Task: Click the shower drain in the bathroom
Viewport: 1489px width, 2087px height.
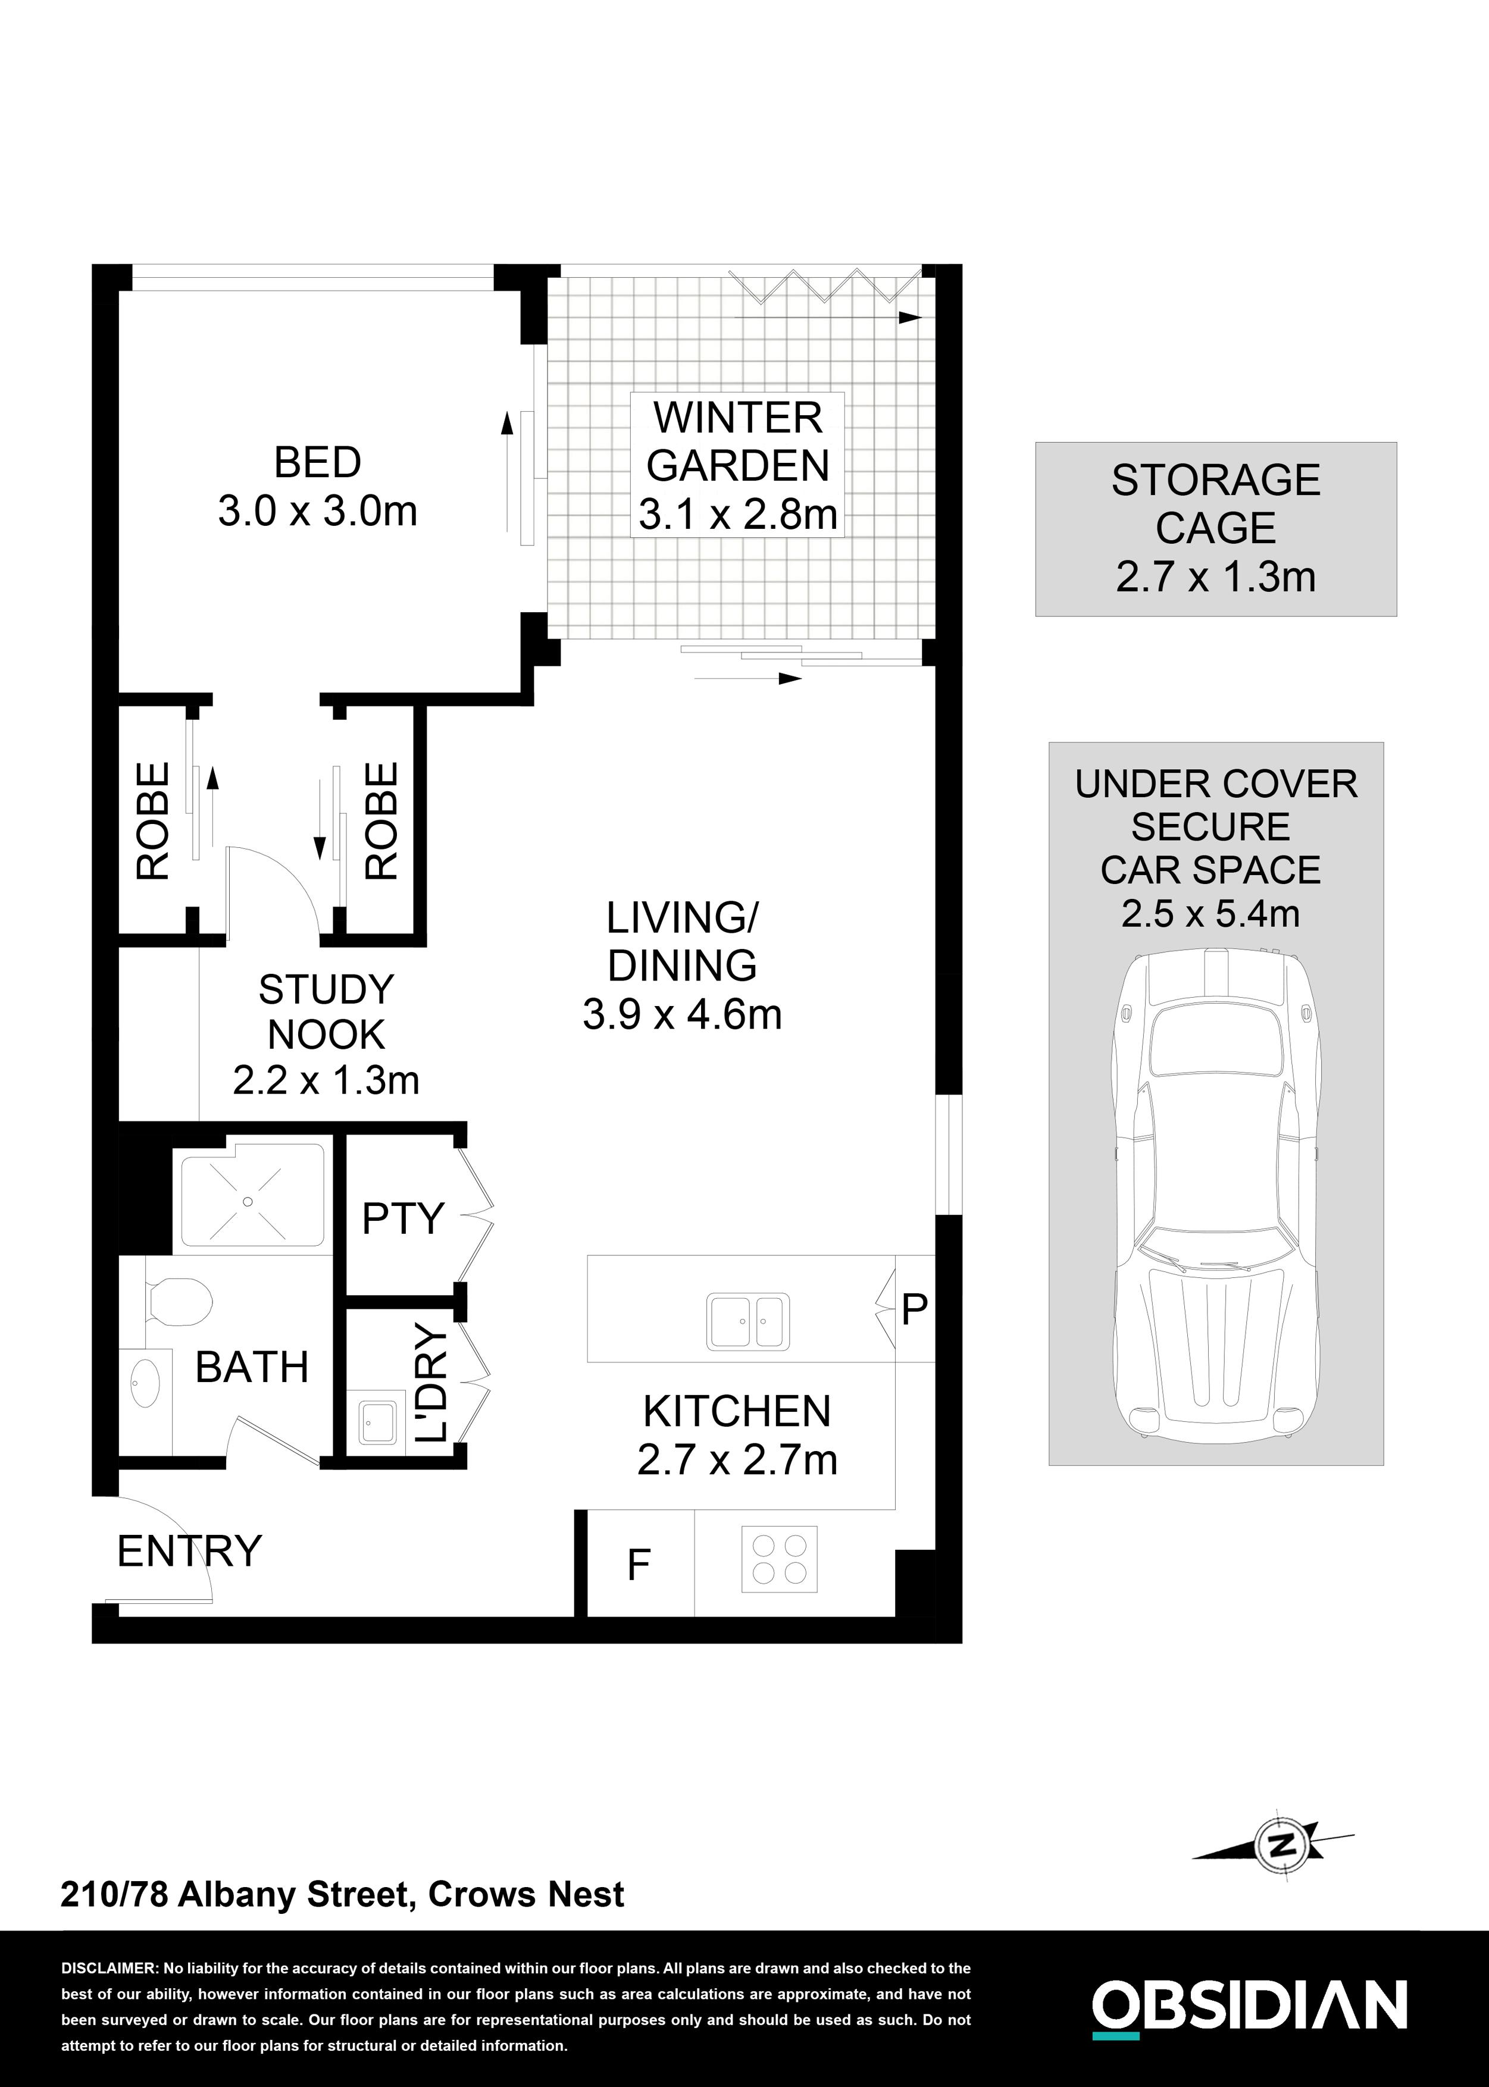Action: pos(248,1202)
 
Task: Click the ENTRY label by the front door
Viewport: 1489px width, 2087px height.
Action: pos(189,1551)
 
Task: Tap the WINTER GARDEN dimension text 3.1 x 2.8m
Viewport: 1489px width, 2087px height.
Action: pos(738,515)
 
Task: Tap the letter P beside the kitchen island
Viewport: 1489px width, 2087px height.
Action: pos(914,1310)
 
